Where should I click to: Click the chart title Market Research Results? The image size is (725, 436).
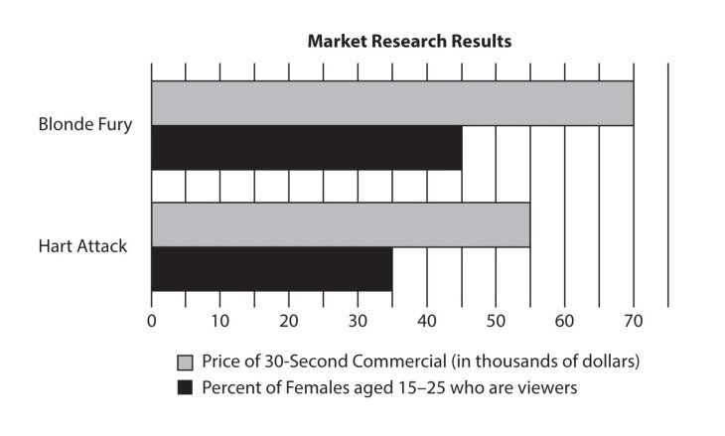408,42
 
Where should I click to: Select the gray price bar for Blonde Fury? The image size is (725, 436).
391,103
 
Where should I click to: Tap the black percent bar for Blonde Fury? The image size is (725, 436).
306,148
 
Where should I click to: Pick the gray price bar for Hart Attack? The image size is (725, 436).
340,224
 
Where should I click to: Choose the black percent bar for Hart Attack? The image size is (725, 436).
271,268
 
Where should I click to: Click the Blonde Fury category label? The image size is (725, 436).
84,126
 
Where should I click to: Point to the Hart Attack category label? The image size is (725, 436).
82,246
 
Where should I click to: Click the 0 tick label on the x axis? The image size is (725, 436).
151,321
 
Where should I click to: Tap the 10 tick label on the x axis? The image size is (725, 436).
219,321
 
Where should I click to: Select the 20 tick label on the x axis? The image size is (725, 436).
289,321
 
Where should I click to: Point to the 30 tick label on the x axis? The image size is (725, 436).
358,321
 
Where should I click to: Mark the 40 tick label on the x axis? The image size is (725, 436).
426,321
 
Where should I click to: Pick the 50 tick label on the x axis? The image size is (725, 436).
496,321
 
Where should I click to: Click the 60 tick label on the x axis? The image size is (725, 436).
564,321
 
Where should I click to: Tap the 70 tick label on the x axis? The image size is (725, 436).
633,321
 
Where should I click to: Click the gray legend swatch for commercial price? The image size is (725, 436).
184,361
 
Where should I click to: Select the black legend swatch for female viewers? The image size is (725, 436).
184,387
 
